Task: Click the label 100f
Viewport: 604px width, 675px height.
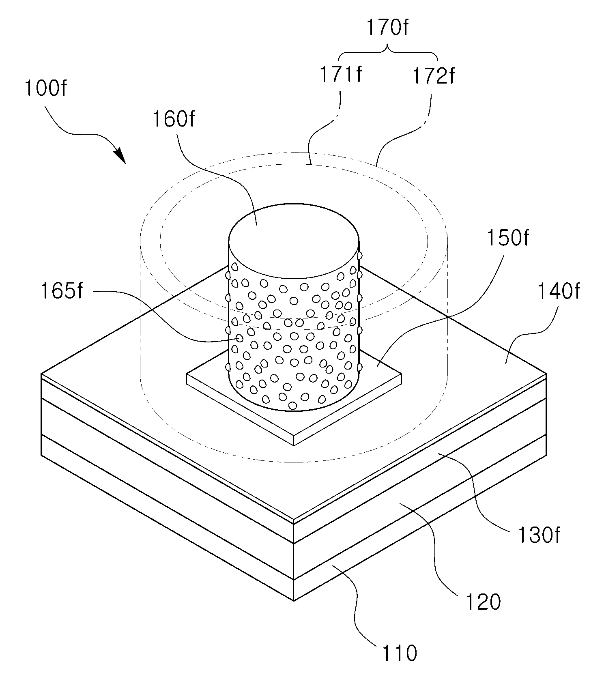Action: coord(45,88)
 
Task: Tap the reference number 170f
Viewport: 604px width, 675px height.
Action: coord(387,28)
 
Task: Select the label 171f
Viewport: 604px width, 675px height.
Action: coord(341,75)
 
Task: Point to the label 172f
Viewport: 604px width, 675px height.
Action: coord(434,76)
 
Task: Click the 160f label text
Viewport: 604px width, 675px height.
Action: coord(174,119)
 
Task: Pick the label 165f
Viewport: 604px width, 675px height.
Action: coord(62,291)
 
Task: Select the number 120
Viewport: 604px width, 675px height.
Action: coord(483,602)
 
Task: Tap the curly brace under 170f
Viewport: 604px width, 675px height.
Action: coord(387,52)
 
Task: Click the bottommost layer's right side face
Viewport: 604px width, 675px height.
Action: coord(420,518)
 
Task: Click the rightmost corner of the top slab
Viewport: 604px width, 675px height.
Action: coord(546,373)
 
